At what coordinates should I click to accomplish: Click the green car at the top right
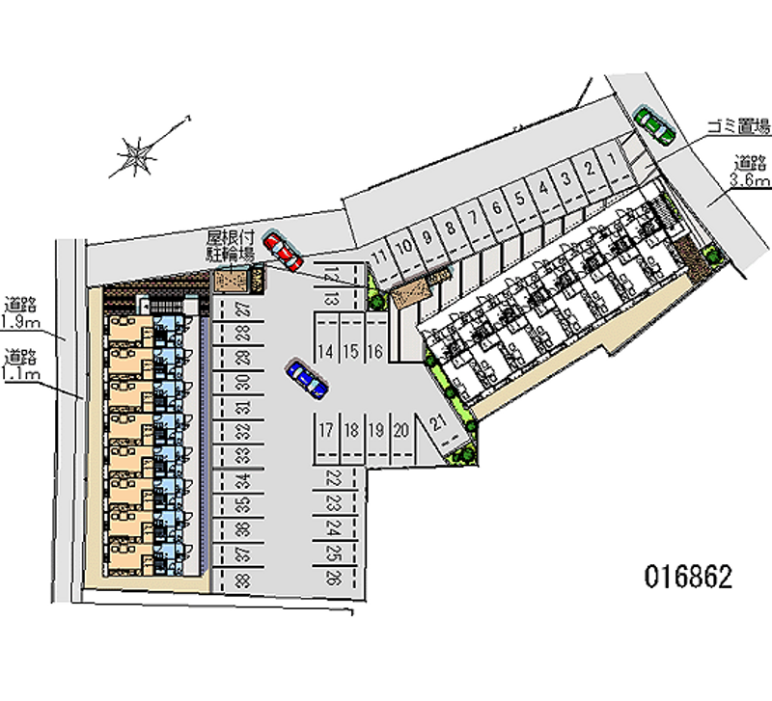[653, 123]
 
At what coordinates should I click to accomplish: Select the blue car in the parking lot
[307, 378]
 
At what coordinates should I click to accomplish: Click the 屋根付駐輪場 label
[231, 247]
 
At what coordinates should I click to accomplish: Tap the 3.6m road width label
[749, 172]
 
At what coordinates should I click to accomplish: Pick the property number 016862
[688, 578]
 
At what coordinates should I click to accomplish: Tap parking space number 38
[243, 580]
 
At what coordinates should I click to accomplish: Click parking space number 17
[328, 430]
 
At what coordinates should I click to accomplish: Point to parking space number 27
[243, 310]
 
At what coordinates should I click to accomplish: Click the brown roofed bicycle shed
[231, 280]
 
